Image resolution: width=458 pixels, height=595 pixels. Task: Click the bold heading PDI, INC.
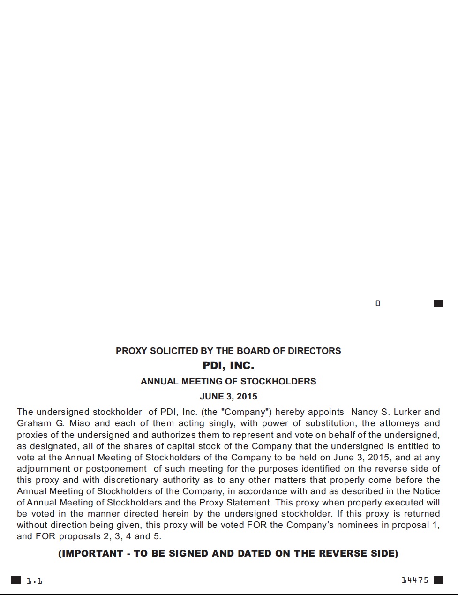click(228, 366)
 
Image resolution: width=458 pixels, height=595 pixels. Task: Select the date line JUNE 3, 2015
click(228, 396)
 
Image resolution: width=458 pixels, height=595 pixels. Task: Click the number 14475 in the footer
click(415, 580)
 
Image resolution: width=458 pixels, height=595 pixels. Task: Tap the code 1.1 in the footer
click(34, 580)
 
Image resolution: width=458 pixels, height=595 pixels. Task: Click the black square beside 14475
click(438, 580)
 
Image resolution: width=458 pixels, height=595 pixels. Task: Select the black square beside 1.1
click(16, 580)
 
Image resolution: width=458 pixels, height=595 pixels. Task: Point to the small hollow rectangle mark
click(378, 303)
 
